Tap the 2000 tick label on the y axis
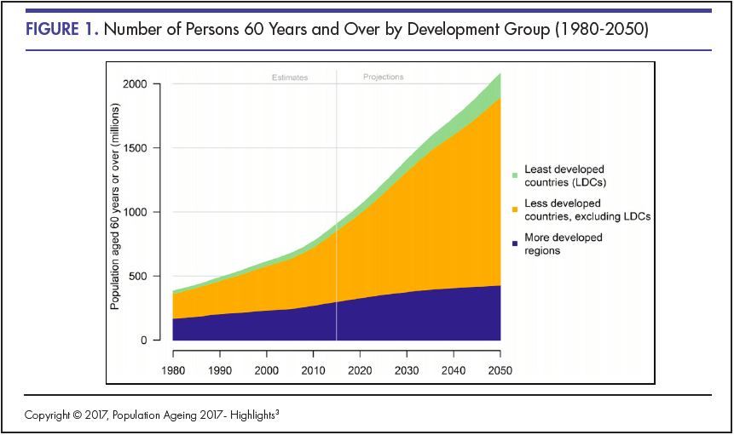[x=135, y=84]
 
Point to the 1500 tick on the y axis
[x=135, y=148]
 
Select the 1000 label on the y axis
[x=135, y=212]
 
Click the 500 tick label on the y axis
[x=138, y=276]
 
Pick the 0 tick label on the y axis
[x=143, y=341]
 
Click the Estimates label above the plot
[x=290, y=77]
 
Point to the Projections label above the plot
[x=384, y=77]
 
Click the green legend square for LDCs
[x=515, y=175]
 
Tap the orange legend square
[x=515, y=209]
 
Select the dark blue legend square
[x=515, y=243]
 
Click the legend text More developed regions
[x=564, y=244]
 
